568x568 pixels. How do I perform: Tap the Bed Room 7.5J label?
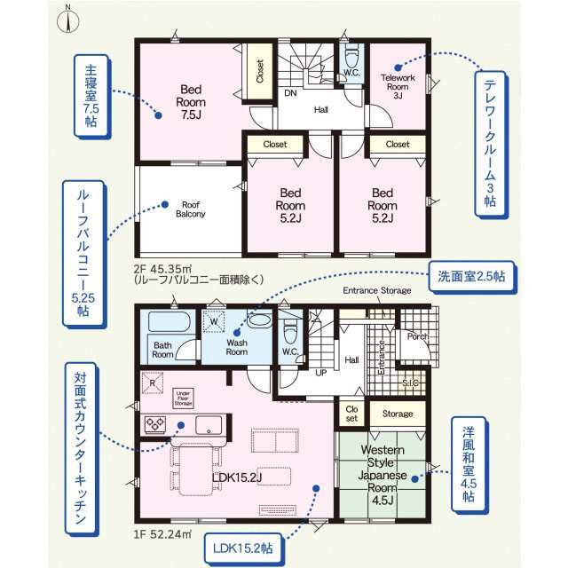[x=193, y=103]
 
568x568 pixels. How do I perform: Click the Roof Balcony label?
[x=191, y=209]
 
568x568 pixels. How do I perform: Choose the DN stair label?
[x=290, y=92]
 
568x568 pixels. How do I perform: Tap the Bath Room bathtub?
[x=167, y=324]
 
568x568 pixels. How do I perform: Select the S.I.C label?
[x=411, y=383]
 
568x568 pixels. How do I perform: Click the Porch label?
[x=417, y=336]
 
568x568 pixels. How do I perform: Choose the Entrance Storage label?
[x=377, y=291]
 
